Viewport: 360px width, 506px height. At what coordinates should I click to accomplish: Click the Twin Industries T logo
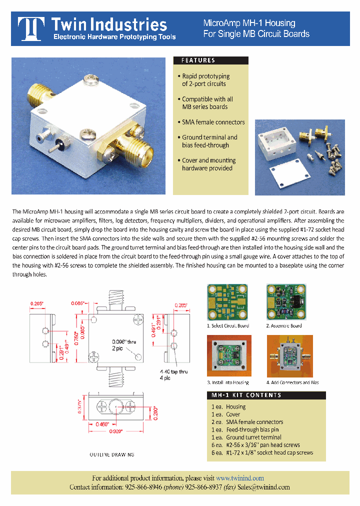(x=32, y=29)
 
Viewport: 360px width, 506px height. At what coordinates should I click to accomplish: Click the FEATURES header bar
(x=210, y=60)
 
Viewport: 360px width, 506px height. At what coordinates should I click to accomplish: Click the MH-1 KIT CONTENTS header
(x=266, y=395)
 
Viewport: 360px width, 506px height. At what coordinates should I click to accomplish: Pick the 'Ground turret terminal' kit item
(x=253, y=437)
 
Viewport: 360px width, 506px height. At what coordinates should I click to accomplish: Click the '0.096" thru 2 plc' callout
(x=123, y=344)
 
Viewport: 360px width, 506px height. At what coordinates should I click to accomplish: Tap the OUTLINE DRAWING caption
(x=112, y=454)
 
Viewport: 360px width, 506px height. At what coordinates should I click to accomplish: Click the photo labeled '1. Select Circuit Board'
(x=228, y=303)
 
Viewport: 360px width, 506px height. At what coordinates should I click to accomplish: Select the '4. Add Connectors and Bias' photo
(x=290, y=356)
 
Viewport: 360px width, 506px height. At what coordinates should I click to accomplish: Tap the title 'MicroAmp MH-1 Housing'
(x=249, y=23)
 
